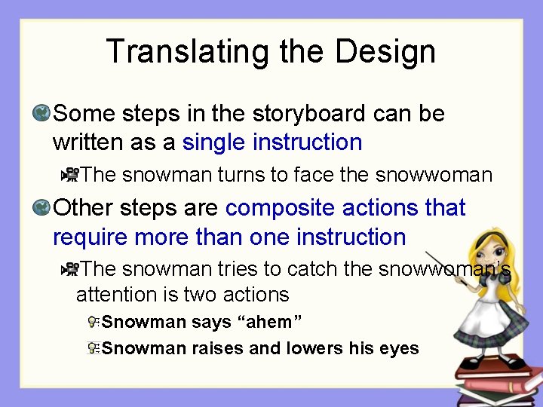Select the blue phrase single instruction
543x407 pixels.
[x=272, y=142]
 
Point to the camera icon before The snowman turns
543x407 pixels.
[x=71, y=175]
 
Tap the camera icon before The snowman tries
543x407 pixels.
[x=71, y=269]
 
